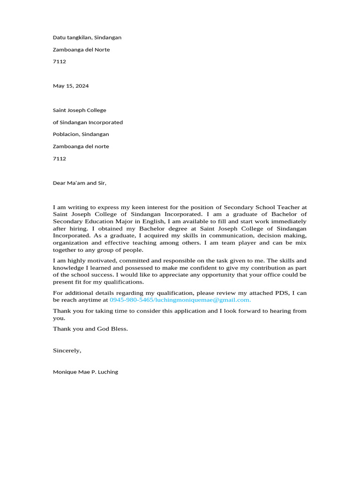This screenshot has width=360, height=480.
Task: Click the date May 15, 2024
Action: pyautogui.click(x=71, y=86)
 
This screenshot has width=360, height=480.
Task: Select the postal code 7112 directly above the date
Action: pyautogui.click(x=60, y=61)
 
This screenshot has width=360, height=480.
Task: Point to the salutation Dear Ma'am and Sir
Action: pyautogui.click(x=80, y=183)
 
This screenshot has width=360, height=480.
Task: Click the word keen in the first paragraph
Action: pyautogui.click(x=132, y=207)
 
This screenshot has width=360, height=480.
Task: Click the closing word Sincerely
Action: pyautogui.click(x=67, y=350)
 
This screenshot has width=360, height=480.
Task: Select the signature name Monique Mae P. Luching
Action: pyautogui.click(x=85, y=372)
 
